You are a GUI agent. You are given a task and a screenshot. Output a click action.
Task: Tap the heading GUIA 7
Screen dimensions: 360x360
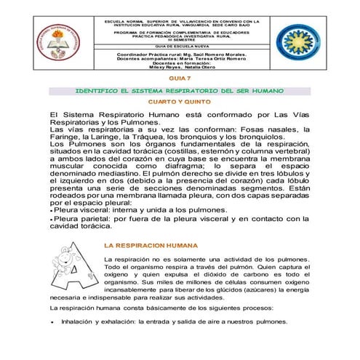[x=180, y=78]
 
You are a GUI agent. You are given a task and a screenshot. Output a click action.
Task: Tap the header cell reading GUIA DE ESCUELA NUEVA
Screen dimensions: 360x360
[x=181, y=46]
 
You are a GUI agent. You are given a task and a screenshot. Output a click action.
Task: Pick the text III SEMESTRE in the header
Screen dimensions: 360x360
[x=181, y=41]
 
